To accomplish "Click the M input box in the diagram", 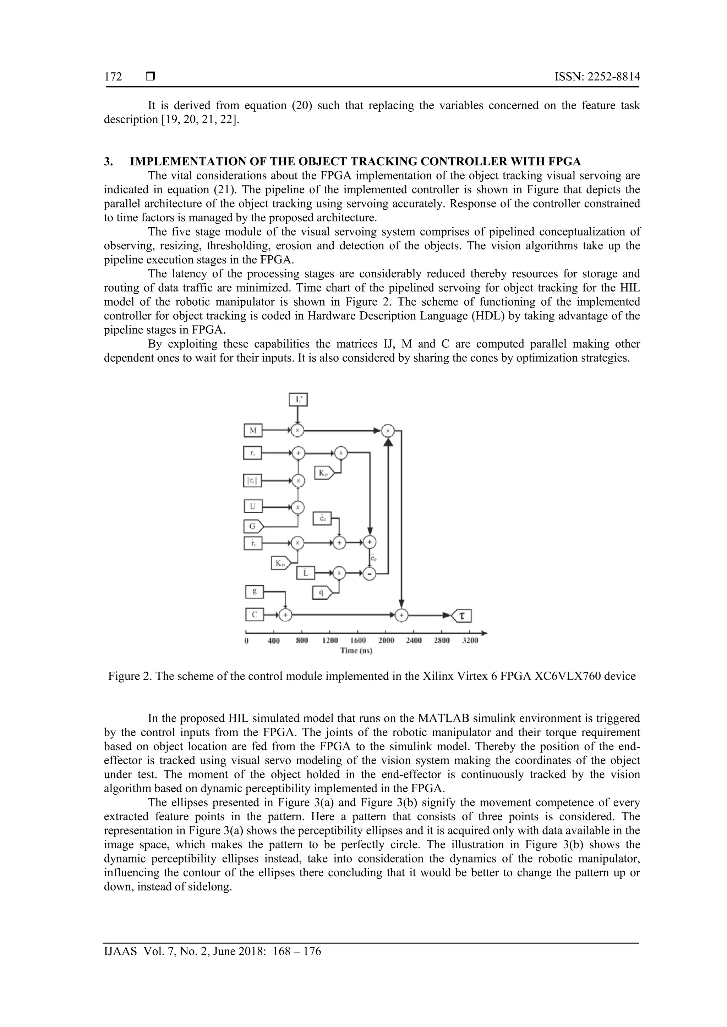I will pos(253,430).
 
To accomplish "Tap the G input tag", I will pos(253,526).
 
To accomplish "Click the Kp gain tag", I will pos(324,472).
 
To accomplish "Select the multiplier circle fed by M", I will pos(297,430).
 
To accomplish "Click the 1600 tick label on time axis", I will pos(358,640).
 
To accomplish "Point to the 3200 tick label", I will pos(470,640).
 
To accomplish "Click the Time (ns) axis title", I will pos(356,650).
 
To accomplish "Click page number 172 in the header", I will pos(113,77).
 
